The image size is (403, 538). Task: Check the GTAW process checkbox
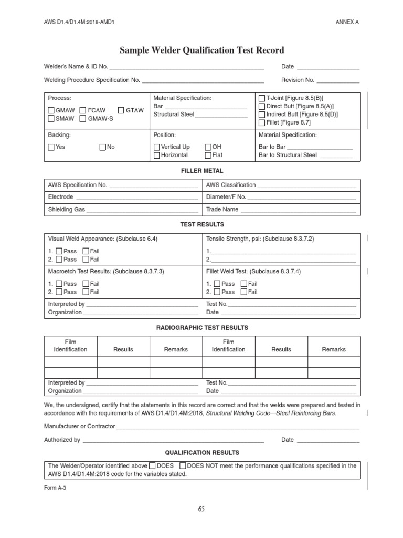click(121, 110)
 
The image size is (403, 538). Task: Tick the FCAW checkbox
click(83, 110)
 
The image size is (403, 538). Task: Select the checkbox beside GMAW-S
click(83, 119)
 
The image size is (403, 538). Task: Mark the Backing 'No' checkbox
click(103, 147)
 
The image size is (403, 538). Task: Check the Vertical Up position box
click(156, 147)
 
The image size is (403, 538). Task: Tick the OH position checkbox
click(208, 147)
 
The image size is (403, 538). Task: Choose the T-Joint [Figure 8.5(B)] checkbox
click(262, 98)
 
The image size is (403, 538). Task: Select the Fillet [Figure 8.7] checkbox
click(262, 122)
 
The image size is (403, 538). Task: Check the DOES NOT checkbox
click(183, 465)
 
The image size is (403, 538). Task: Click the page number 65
click(201, 509)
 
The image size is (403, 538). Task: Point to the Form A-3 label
click(55, 487)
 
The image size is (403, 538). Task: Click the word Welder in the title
click(165, 50)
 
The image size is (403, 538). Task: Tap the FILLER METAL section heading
click(202, 171)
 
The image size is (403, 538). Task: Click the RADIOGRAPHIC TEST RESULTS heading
click(202, 327)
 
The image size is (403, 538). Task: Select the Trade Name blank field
click(298, 210)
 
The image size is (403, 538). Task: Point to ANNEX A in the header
click(347, 22)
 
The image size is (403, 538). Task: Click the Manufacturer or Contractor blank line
click(237, 427)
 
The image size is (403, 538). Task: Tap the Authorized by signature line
click(173, 441)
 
